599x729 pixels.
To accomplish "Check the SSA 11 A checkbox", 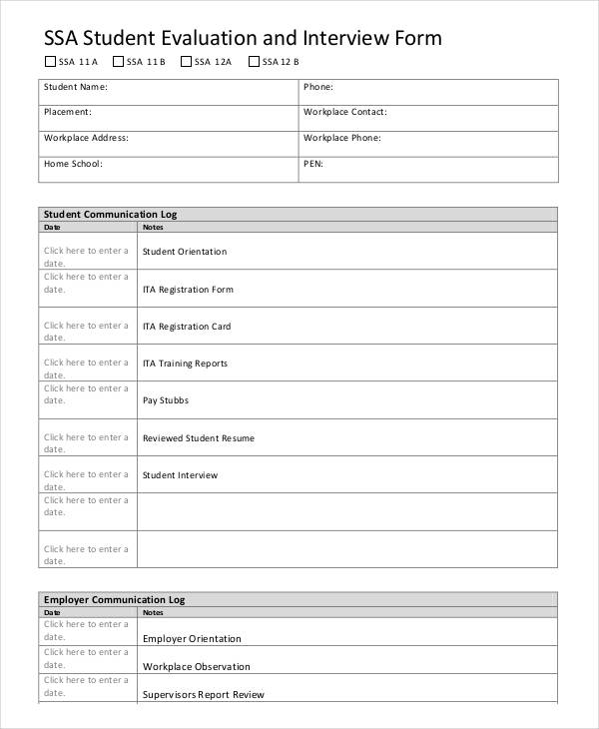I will (51, 62).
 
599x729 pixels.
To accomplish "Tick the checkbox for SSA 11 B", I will (118, 62).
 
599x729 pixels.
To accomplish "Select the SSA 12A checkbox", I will (187, 62).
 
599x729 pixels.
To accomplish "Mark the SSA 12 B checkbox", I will (254, 62).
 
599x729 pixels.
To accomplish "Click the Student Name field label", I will (75, 87).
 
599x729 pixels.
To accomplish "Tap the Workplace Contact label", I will (344, 112).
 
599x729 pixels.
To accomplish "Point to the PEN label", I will (312, 163).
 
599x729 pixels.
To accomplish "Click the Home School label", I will (73, 163).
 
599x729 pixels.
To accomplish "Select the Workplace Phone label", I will (340, 138).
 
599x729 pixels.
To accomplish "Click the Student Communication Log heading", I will (110, 214).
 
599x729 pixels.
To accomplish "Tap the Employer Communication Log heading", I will (114, 599).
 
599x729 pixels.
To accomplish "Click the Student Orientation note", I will (185, 252).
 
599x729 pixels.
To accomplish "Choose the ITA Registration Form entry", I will (188, 290).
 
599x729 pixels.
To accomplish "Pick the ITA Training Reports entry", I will (185, 364).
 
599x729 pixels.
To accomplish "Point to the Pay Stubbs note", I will (166, 400).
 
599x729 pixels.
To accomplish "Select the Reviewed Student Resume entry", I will (199, 438).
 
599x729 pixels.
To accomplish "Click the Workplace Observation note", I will (197, 666).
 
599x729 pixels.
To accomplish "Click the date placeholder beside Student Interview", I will (86, 480).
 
